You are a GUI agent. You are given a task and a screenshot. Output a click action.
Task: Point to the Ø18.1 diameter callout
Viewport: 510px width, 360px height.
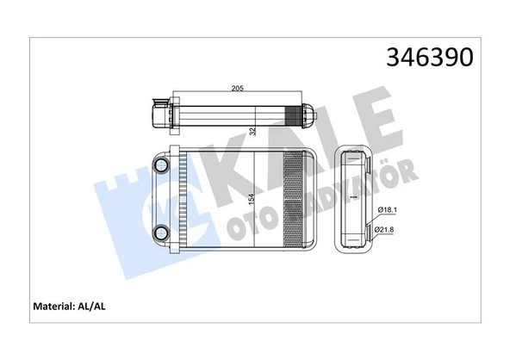[389, 210]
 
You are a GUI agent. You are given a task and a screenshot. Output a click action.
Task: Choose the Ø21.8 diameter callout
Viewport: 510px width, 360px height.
[389, 228]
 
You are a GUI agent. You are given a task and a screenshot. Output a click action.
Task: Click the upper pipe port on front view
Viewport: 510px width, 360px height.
[159, 164]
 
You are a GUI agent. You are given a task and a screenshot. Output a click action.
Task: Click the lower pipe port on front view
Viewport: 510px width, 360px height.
[159, 232]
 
